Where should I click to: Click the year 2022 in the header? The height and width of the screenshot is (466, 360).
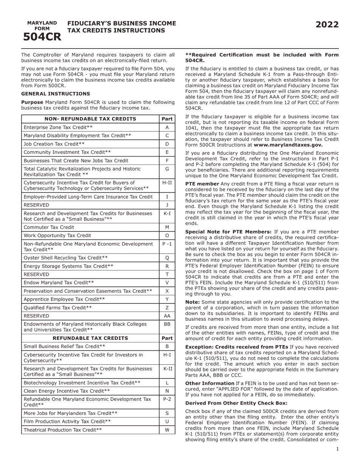(327, 25)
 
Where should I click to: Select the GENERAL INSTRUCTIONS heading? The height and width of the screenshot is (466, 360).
(55, 94)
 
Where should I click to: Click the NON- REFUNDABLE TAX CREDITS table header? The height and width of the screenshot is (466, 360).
(90, 119)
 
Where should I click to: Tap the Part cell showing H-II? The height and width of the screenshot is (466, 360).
(167, 183)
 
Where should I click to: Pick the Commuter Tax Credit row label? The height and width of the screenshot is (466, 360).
(49, 227)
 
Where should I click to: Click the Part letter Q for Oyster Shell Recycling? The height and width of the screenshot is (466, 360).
(167, 258)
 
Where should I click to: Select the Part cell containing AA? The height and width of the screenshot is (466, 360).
(167, 316)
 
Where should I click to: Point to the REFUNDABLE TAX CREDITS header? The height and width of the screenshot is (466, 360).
(90, 338)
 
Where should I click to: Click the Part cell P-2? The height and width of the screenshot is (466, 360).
(167, 399)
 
